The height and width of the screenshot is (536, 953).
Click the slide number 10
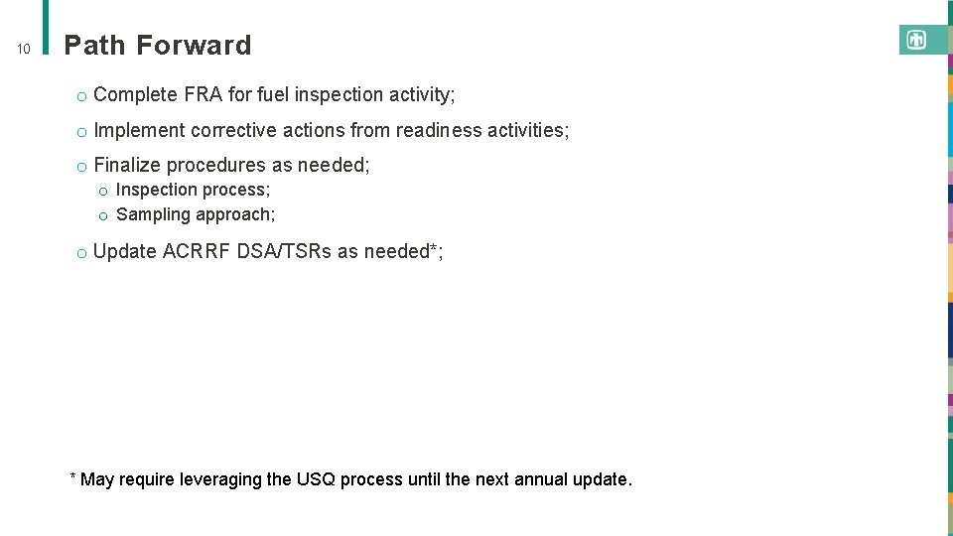tap(25, 49)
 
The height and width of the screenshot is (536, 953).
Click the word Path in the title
tap(95, 46)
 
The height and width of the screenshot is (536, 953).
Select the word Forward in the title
tap(194, 46)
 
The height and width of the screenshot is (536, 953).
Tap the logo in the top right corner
tap(916, 40)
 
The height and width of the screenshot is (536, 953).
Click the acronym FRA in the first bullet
tap(203, 95)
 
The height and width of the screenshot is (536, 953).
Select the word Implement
tap(139, 130)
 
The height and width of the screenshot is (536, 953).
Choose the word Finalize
tap(128, 165)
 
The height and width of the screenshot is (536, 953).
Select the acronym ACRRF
tap(196, 251)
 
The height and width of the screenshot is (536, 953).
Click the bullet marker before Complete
tap(81, 96)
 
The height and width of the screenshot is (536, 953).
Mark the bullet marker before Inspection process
tap(102, 191)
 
